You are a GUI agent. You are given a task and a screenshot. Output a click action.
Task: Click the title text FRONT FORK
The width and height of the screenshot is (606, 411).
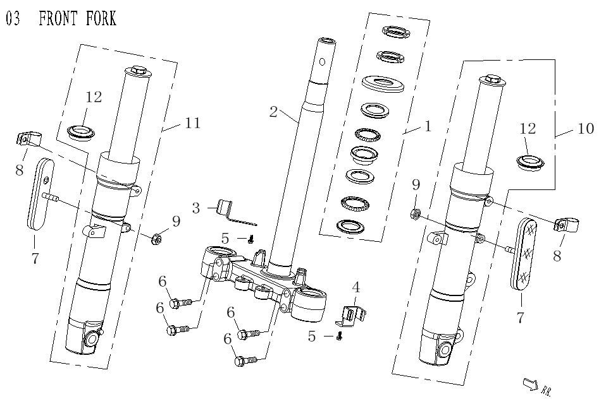pos(77,18)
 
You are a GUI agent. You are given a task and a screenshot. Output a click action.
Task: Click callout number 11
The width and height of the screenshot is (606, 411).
pos(193,123)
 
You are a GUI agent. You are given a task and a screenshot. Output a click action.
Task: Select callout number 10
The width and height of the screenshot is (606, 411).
pos(586,128)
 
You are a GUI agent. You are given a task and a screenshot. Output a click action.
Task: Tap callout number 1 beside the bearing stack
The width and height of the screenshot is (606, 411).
pos(428,126)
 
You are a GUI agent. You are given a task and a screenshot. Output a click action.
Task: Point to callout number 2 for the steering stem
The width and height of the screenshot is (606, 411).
pos(274,112)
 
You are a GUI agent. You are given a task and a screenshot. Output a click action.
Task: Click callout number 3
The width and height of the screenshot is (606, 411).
pos(196,208)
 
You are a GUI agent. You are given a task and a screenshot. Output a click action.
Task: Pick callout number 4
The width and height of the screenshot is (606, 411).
pos(356,287)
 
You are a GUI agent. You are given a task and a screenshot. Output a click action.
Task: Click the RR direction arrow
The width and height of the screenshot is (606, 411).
pos(531,384)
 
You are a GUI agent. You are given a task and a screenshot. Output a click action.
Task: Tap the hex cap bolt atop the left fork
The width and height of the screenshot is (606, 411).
pos(138,71)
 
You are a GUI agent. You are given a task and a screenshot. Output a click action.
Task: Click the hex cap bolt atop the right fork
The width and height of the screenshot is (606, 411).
pos(492,79)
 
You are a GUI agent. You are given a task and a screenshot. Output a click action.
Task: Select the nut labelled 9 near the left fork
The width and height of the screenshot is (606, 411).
pos(156,240)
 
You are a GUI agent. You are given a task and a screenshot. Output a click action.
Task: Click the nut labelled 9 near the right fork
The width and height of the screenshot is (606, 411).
pos(416,213)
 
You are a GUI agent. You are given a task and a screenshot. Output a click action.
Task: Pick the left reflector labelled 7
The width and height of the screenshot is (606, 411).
pos(40,194)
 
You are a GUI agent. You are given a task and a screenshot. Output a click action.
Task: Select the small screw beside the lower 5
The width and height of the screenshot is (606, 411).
pos(340,337)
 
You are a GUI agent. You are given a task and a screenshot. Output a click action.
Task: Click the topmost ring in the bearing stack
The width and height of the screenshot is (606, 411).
pos(396,32)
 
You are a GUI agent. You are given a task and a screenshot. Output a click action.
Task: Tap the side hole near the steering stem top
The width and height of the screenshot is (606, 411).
pos(322,62)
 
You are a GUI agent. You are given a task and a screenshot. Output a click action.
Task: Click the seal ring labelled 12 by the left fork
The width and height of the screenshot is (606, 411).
pos(80,132)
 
